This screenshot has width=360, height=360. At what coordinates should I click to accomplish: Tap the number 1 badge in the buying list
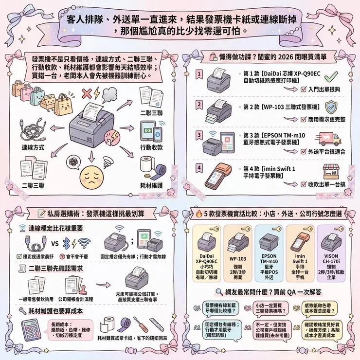(x=199, y=74)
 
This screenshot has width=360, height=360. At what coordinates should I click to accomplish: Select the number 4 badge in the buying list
(x=199, y=168)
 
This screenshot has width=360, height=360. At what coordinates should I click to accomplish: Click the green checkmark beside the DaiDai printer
(x=331, y=76)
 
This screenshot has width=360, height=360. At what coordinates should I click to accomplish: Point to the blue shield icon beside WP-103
(x=331, y=106)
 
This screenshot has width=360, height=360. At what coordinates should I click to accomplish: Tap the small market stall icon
(x=332, y=171)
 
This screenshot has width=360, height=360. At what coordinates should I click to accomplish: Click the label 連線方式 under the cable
(x=33, y=147)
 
